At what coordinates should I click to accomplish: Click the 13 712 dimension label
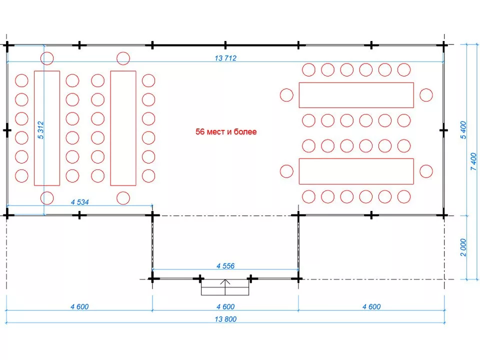click(x=225, y=58)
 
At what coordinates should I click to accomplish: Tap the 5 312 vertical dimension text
click(x=41, y=130)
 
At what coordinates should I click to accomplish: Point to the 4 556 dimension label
click(x=225, y=266)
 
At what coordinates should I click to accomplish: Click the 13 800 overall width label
click(x=225, y=319)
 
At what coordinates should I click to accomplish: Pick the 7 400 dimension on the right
click(x=473, y=161)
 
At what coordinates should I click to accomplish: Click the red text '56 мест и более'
click(x=226, y=132)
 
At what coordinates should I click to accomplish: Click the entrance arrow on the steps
click(x=225, y=287)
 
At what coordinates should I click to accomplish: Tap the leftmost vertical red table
click(x=47, y=128)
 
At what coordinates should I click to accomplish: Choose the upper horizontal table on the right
click(x=356, y=95)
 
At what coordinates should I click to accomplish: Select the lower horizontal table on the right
click(x=356, y=171)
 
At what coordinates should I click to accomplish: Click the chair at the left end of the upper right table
click(x=286, y=95)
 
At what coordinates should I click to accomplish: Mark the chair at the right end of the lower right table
click(x=426, y=171)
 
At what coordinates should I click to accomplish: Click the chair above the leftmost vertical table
click(x=47, y=58)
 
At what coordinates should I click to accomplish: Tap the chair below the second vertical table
click(x=123, y=197)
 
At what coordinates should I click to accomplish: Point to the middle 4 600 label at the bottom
click(x=225, y=306)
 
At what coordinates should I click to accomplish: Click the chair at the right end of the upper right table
click(x=426, y=95)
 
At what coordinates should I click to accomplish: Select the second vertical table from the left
click(x=123, y=128)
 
